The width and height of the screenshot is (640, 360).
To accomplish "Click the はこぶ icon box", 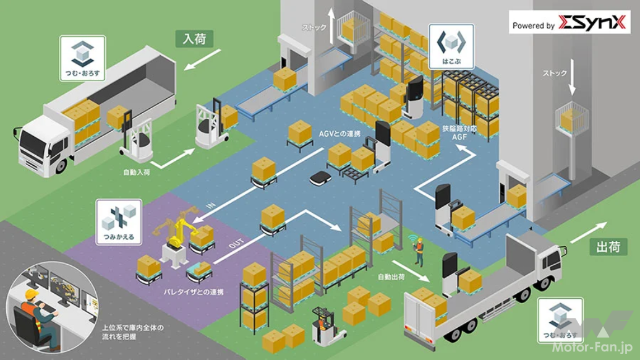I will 451,46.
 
